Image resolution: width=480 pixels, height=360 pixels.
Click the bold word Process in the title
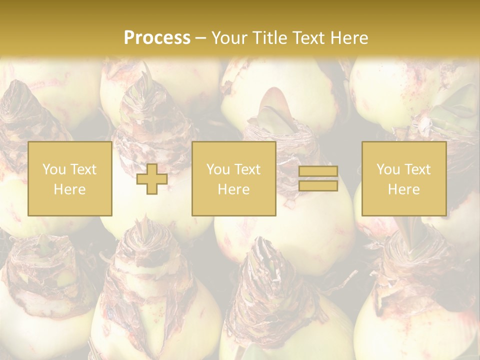point(157,38)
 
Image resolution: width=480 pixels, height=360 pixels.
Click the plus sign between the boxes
point(152,178)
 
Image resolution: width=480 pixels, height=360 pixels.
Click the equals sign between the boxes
point(318,178)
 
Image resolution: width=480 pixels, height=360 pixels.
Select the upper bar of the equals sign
point(318,171)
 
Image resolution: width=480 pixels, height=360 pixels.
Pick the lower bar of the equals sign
point(318,185)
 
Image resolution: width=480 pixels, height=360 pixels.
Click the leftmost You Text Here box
point(69,178)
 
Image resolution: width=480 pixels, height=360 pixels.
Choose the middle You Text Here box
point(233,178)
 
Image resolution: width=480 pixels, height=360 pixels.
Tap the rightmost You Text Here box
point(403,178)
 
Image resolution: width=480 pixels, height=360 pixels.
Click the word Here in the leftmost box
point(69,189)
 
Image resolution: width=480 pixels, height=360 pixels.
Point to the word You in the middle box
point(217,169)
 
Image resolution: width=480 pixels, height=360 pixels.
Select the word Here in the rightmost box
point(403,189)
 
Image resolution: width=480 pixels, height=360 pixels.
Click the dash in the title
point(200,38)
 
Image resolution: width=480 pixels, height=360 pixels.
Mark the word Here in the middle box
point(233,189)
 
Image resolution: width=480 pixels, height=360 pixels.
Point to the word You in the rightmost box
point(387,169)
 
